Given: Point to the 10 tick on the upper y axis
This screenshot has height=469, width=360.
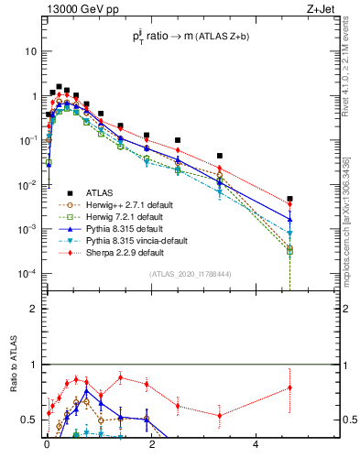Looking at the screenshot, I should [x=31, y=51].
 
